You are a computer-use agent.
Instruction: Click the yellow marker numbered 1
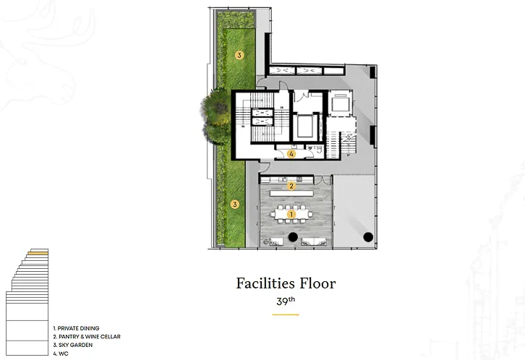tap(291, 214)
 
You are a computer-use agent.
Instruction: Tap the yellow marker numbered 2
tap(291, 186)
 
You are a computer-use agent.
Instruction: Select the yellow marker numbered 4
tap(291, 154)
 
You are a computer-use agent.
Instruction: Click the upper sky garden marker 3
tap(239, 55)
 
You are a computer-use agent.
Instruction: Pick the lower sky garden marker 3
tap(235, 204)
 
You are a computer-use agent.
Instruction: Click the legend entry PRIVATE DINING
tap(77, 328)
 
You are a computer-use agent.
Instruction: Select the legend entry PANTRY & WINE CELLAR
tap(87, 337)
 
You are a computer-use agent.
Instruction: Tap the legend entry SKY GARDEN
tap(73, 345)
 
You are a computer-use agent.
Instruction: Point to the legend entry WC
tap(61, 353)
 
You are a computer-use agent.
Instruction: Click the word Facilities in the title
tap(265, 283)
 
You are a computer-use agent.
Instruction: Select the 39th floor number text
tap(286, 301)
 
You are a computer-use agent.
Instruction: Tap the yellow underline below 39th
tap(285, 314)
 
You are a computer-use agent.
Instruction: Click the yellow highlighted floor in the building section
tap(38, 253)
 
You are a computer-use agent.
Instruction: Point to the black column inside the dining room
tap(293, 237)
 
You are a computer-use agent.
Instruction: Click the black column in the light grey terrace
tap(368, 237)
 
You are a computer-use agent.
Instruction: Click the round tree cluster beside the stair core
tap(216, 116)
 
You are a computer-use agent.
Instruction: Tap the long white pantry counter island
tap(291, 194)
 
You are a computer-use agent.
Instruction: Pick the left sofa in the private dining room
tap(276, 241)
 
